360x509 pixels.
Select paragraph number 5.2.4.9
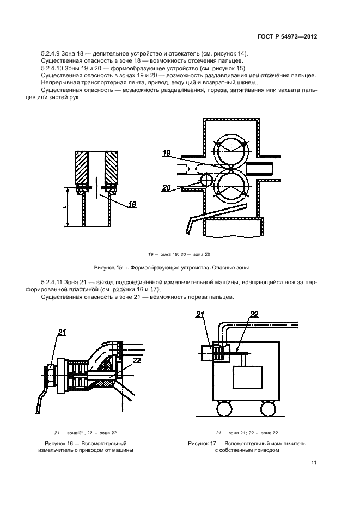[52, 53]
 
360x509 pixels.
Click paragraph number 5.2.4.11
[54, 282]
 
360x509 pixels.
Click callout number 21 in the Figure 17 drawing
[199, 314]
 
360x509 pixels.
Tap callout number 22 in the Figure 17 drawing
[254, 314]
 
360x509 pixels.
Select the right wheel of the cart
[268, 408]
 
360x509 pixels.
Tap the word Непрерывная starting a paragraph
[59, 83]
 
